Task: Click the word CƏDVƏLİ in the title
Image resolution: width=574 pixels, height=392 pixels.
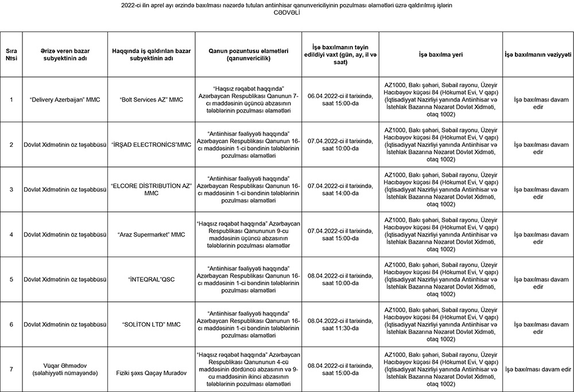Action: click(287, 12)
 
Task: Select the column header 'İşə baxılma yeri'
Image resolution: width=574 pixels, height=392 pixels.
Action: click(441, 54)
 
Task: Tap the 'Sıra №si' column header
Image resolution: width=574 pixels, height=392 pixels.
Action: click(11, 54)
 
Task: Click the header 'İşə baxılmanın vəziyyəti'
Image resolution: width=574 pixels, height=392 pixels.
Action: click(538, 54)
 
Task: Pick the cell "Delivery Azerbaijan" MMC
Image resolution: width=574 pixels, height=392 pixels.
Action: click(64, 99)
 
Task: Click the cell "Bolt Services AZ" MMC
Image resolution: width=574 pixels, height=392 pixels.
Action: click(152, 99)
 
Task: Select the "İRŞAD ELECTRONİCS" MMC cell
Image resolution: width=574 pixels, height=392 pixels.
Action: click(152, 144)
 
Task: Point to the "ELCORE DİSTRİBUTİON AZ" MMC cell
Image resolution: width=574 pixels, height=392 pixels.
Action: click(152, 189)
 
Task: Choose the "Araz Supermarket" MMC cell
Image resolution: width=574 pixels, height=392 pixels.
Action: click(152, 234)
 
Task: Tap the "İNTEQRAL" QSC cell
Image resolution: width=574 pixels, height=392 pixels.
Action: click(152, 280)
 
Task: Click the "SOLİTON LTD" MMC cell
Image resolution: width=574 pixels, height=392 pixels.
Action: click(152, 324)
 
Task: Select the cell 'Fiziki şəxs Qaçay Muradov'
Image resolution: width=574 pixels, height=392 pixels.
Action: click(152, 372)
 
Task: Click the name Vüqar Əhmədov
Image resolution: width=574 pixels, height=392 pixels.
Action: click(64, 365)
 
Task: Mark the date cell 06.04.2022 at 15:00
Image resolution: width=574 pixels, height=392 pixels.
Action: click(340, 99)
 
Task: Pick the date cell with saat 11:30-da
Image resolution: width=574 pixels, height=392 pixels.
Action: click(340, 324)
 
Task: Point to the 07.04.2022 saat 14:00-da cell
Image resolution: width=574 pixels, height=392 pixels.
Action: click(340, 189)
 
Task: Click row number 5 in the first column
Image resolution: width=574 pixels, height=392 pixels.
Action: click(11, 280)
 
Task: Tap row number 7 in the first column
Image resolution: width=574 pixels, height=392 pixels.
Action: click(11, 369)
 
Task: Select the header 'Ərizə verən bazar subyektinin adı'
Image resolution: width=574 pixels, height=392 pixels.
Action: click(64, 54)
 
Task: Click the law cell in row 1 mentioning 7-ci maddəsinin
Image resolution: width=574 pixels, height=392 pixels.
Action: click(249, 99)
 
